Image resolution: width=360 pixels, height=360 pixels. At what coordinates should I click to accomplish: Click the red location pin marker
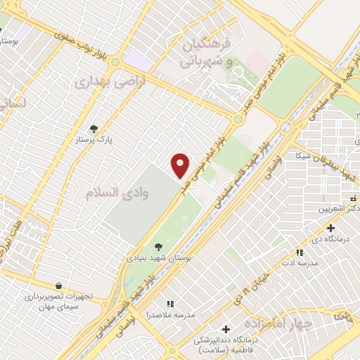181,165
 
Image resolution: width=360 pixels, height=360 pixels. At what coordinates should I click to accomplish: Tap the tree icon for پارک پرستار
94,129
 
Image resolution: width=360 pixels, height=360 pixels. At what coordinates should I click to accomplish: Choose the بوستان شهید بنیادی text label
159,258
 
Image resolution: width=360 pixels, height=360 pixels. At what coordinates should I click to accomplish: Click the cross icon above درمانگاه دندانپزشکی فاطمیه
226,329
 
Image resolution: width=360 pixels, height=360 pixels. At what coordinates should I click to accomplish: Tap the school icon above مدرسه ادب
299,252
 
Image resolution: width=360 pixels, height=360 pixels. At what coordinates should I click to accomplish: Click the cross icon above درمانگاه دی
330,227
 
